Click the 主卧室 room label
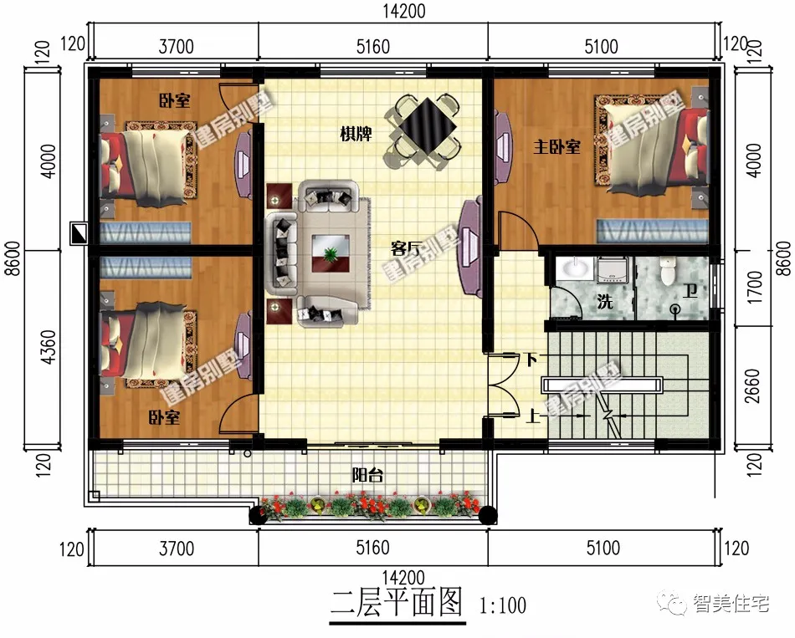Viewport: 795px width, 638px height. tap(557, 147)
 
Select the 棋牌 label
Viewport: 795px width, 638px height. tap(356, 134)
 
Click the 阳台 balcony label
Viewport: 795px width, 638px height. tap(367, 476)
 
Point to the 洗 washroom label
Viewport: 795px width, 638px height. tap(605, 302)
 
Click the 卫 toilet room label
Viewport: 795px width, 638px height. tap(688, 291)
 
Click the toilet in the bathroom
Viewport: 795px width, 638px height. tap(668, 270)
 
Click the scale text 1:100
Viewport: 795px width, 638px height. tap(504, 603)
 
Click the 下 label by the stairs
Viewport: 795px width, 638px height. tap(530, 360)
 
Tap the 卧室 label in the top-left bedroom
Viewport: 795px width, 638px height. tap(174, 101)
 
